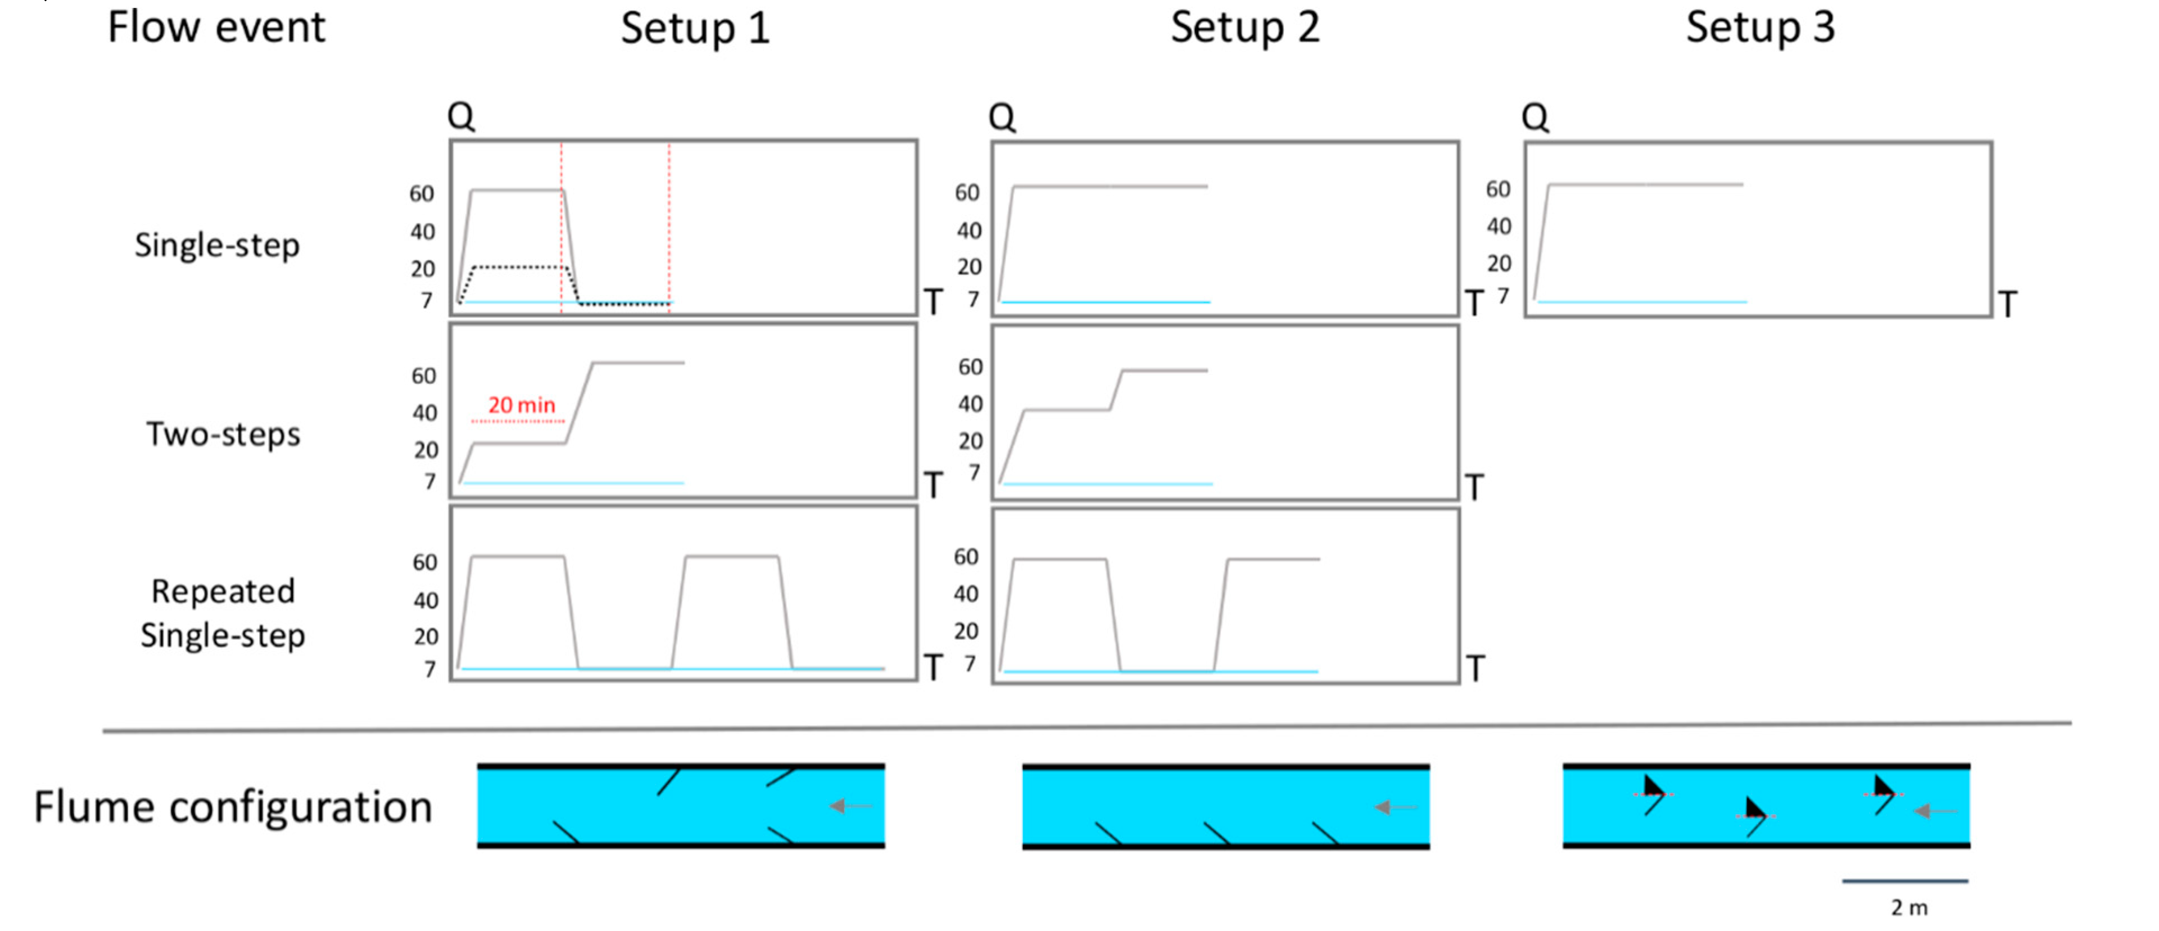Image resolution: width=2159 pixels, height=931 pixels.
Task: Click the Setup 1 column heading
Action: click(x=695, y=29)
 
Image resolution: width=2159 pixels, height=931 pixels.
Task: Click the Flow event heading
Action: click(x=216, y=27)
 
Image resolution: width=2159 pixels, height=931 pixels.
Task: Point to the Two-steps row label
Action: click(x=223, y=434)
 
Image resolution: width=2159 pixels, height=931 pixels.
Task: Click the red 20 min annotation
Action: click(x=521, y=405)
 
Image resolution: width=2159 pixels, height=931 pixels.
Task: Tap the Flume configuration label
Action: click(x=233, y=807)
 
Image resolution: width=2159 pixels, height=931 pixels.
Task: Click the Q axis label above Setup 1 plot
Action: click(x=461, y=116)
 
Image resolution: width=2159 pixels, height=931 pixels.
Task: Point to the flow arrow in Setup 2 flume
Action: click(x=1394, y=807)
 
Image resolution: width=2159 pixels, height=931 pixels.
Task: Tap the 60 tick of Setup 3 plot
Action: click(x=1498, y=189)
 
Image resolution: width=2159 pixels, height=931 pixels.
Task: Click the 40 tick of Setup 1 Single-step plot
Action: click(x=423, y=231)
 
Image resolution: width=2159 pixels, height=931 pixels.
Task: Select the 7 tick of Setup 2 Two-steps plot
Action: click(x=974, y=473)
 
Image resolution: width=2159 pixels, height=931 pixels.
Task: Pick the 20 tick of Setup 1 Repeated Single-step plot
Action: click(x=426, y=637)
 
